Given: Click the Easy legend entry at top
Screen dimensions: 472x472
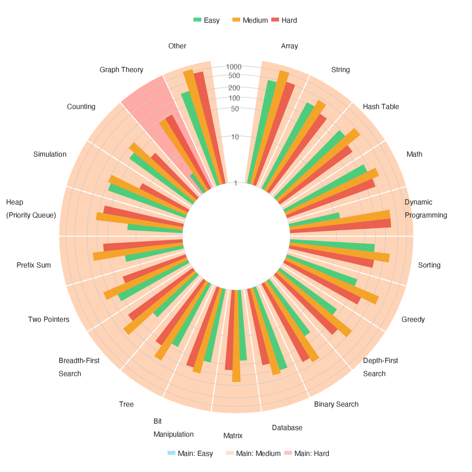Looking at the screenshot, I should click(x=207, y=20).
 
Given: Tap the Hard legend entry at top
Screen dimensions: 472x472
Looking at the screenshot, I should click(x=284, y=20).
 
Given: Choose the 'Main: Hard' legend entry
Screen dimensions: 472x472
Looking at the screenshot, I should click(x=307, y=454).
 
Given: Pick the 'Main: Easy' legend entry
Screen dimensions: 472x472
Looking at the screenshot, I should click(x=191, y=454).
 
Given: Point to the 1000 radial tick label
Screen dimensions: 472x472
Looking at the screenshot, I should click(x=234, y=67).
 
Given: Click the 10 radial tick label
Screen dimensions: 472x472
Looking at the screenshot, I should click(x=235, y=137).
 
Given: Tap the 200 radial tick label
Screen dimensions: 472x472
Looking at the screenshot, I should click(x=234, y=88).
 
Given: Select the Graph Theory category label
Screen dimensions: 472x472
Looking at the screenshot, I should click(x=121, y=70).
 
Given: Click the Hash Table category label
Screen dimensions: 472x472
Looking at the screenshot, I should click(x=381, y=107).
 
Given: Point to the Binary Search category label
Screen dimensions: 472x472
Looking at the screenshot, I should click(x=336, y=404).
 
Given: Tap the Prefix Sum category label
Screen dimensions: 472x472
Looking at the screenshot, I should click(x=33, y=265).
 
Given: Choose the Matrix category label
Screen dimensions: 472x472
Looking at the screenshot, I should click(x=233, y=436).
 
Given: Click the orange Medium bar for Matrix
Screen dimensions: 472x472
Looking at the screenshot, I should click(x=236, y=336).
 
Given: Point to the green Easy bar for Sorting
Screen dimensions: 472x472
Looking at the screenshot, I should click(x=332, y=246).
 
